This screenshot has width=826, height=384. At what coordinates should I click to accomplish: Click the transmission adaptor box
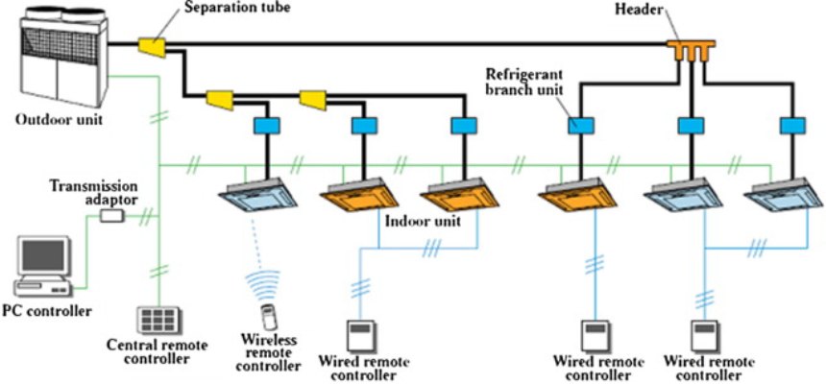(113, 216)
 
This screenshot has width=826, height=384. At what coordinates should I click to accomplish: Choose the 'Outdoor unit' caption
(58, 120)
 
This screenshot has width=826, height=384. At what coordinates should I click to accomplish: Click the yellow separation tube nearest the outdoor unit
(153, 45)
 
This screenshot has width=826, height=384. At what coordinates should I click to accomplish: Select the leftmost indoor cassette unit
(257, 197)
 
